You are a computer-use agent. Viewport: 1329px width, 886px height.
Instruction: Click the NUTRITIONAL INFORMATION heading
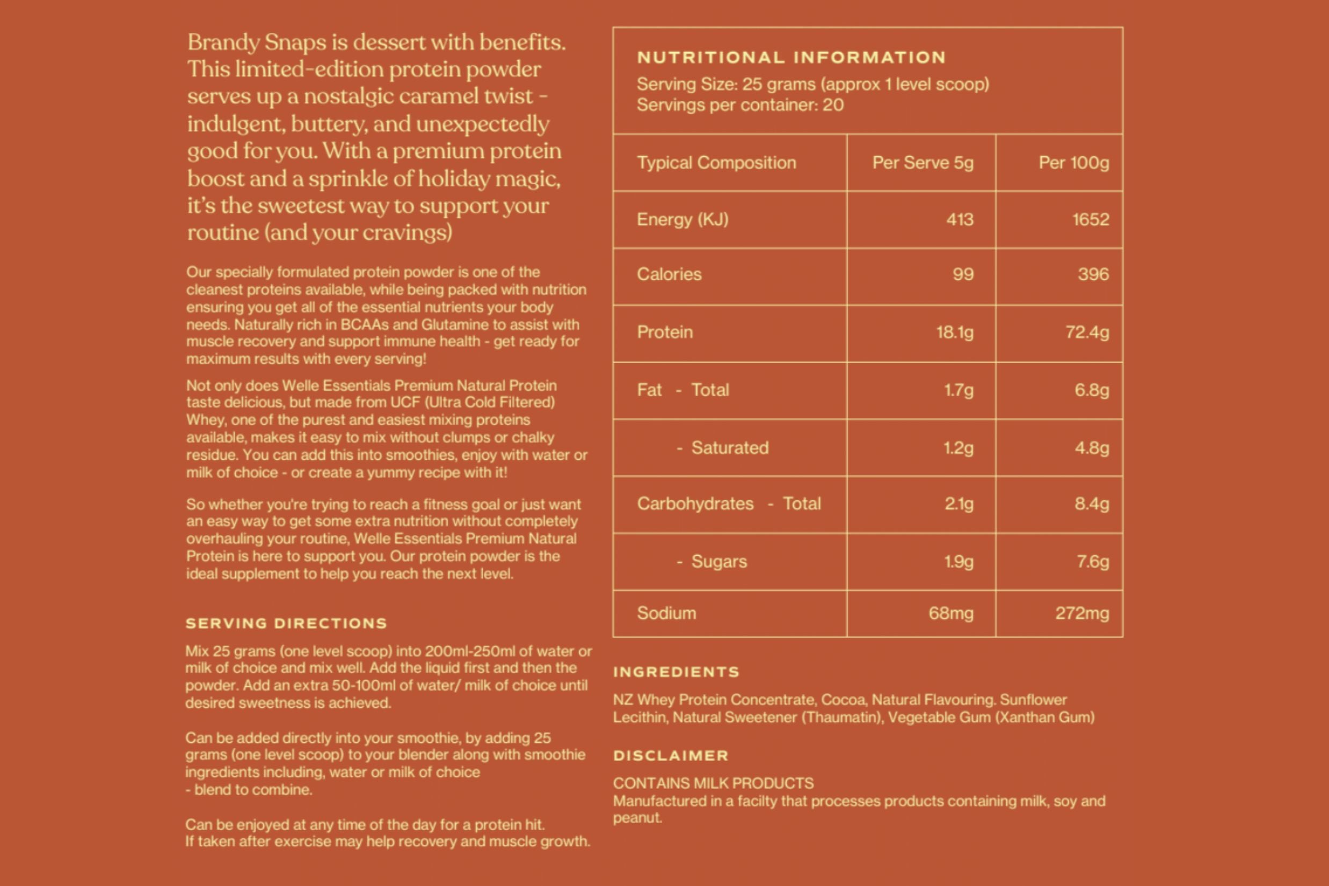click(791, 57)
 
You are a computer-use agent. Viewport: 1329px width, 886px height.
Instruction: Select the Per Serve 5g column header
click(923, 163)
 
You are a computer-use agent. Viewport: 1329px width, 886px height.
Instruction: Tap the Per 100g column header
click(1073, 163)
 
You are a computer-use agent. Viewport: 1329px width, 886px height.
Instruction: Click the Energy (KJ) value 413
click(960, 219)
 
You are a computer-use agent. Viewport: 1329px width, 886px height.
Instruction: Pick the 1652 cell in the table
click(1091, 219)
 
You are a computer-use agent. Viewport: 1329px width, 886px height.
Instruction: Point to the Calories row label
click(669, 274)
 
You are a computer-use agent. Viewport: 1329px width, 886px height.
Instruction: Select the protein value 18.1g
click(954, 332)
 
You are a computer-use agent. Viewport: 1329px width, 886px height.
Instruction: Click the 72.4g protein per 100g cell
click(1087, 332)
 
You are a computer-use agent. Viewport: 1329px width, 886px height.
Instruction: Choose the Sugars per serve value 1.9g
click(958, 561)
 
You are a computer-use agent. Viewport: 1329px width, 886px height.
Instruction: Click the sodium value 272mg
click(1081, 613)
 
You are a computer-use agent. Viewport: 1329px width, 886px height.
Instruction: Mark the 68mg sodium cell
click(950, 613)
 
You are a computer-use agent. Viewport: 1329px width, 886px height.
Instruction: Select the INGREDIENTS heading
click(677, 672)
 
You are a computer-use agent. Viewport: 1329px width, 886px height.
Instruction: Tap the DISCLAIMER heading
click(671, 756)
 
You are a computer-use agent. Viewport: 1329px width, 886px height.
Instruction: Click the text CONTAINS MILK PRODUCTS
click(713, 783)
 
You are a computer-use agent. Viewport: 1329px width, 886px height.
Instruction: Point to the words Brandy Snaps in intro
click(257, 42)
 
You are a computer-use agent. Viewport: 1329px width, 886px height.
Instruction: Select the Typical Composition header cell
click(716, 163)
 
